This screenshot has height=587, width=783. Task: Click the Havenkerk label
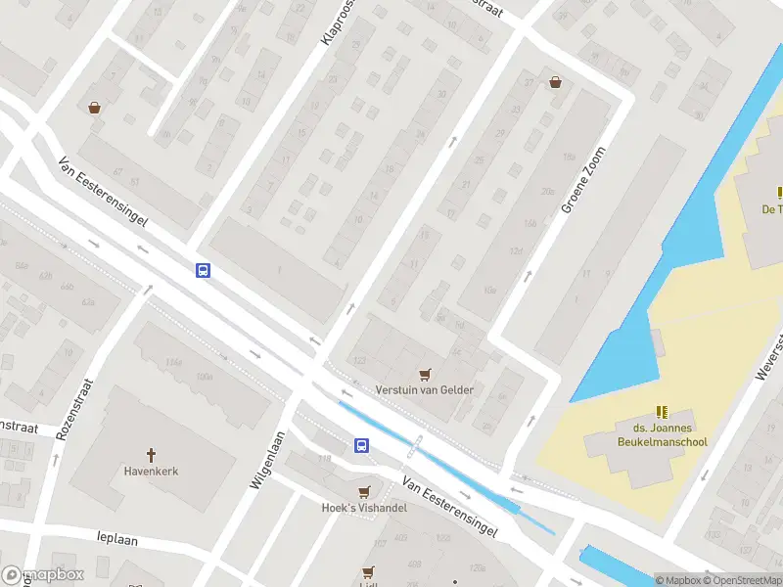[151, 471]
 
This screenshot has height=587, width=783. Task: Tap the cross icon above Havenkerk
[151, 454]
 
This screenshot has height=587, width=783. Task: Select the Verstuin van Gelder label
[425, 389]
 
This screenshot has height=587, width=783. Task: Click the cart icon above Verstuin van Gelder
[425, 374]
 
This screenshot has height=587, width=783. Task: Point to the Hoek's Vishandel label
[365, 508]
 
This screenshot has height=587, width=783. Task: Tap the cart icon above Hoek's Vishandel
[365, 491]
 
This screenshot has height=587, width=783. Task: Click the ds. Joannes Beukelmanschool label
[662, 435]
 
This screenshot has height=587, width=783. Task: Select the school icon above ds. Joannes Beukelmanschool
[662, 412]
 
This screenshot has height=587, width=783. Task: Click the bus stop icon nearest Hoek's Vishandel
[361, 446]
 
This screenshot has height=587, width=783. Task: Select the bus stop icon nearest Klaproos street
[203, 271]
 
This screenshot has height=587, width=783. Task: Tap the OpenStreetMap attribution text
[742, 580]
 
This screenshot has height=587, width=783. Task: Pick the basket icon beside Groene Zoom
[556, 83]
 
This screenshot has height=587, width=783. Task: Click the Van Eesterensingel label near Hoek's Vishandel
[449, 508]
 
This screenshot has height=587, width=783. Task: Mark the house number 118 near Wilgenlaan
[323, 458]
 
